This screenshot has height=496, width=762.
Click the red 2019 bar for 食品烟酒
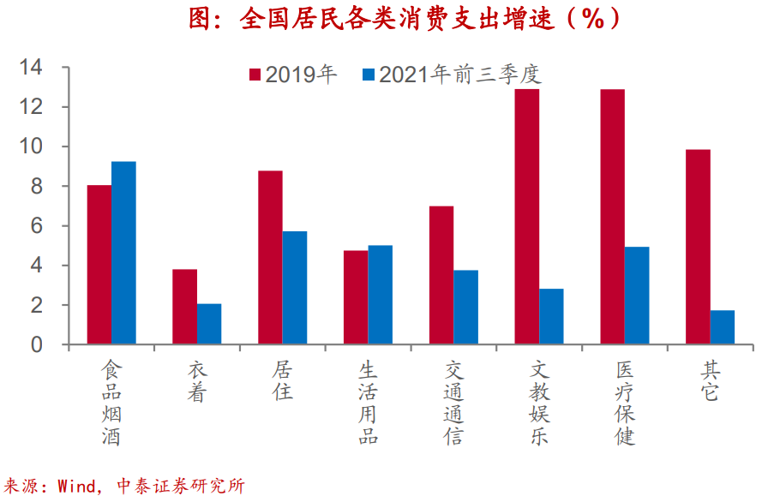(x=99, y=265)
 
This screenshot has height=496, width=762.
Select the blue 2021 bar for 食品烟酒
(x=123, y=253)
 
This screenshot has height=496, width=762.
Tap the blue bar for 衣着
(x=209, y=324)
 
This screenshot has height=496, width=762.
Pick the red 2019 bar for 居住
(x=270, y=258)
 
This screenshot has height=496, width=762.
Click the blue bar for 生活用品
(x=380, y=295)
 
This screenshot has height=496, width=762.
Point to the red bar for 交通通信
(x=441, y=275)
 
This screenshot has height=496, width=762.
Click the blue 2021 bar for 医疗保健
(x=637, y=296)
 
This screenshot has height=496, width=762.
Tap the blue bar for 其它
(x=723, y=327)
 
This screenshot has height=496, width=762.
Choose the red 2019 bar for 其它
(x=699, y=247)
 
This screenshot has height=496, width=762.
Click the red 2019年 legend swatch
(x=255, y=75)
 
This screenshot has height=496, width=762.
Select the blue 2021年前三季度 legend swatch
(x=369, y=75)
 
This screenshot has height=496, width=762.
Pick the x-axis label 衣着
(x=197, y=381)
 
